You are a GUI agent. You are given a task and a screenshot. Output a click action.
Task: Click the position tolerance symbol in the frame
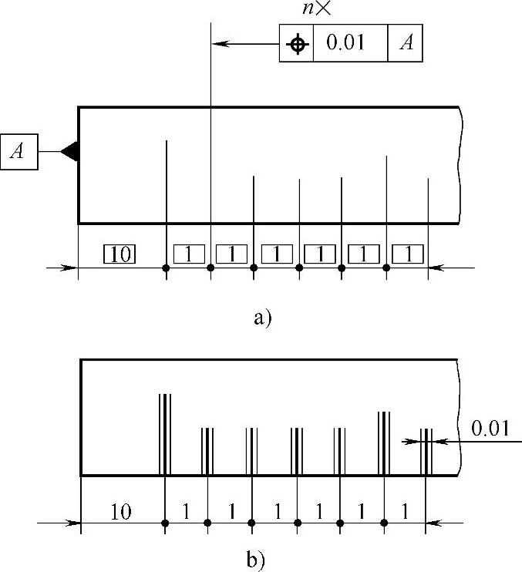(x=296, y=44)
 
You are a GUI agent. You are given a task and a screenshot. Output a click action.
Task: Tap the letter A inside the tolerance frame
(x=406, y=44)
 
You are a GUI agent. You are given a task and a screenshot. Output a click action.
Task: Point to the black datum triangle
(x=70, y=152)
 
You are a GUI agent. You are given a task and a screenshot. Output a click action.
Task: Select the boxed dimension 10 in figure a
(x=120, y=254)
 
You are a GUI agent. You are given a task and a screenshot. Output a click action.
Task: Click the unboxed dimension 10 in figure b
(x=121, y=511)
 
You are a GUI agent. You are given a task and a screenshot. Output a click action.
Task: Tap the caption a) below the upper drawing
(x=262, y=316)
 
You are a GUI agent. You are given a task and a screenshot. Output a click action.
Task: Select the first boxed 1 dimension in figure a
(x=189, y=253)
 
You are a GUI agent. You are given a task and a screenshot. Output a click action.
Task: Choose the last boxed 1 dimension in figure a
(x=407, y=253)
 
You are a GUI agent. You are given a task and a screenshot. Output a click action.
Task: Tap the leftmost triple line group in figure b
(x=164, y=434)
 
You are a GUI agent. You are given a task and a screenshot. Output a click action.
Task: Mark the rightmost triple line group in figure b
(x=426, y=452)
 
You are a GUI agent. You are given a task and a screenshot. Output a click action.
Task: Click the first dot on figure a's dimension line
(x=166, y=268)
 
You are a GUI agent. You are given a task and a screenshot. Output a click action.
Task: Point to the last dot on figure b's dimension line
(x=384, y=523)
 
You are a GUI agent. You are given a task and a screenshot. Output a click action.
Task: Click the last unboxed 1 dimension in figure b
(x=405, y=511)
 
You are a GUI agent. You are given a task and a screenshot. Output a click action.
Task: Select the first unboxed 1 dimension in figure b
(x=185, y=511)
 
